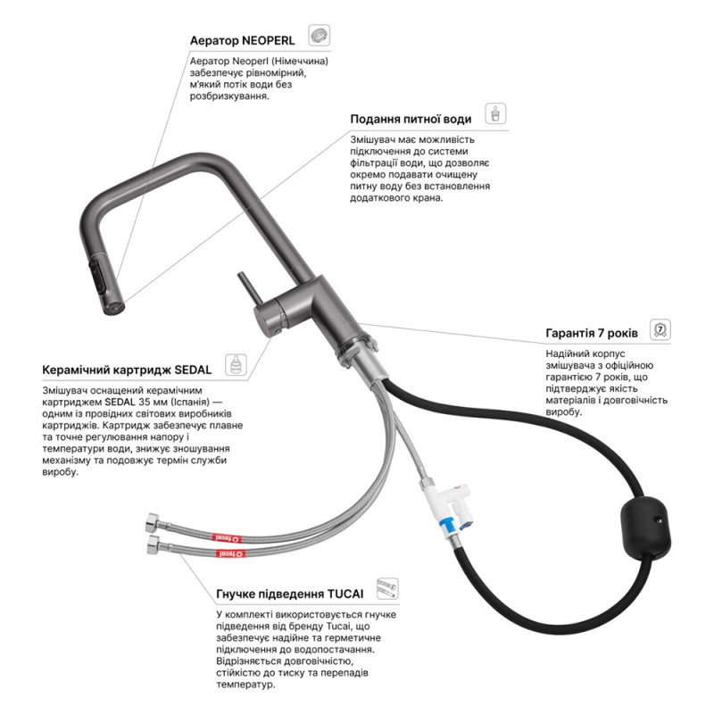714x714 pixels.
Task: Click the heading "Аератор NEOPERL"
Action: tap(242, 40)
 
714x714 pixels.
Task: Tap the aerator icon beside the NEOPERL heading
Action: tap(319, 36)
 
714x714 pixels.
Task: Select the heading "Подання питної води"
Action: tap(411, 120)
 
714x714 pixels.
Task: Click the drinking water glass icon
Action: tap(495, 114)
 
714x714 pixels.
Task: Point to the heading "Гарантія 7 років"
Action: tap(592, 333)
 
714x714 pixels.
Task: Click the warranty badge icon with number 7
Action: tap(660, 329)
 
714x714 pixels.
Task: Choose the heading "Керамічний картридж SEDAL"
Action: tap(127, 369)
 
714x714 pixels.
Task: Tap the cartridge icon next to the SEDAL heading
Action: tap(236, 365)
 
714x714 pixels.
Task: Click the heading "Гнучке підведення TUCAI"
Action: tap(289, 594)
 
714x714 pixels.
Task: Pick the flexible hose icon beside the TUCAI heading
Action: tap(387, 589)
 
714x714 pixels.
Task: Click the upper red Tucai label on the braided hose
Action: tap(227, 538)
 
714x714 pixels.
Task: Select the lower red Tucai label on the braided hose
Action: tap(232, 553)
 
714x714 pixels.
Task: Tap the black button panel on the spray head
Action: tap(99, 278)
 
